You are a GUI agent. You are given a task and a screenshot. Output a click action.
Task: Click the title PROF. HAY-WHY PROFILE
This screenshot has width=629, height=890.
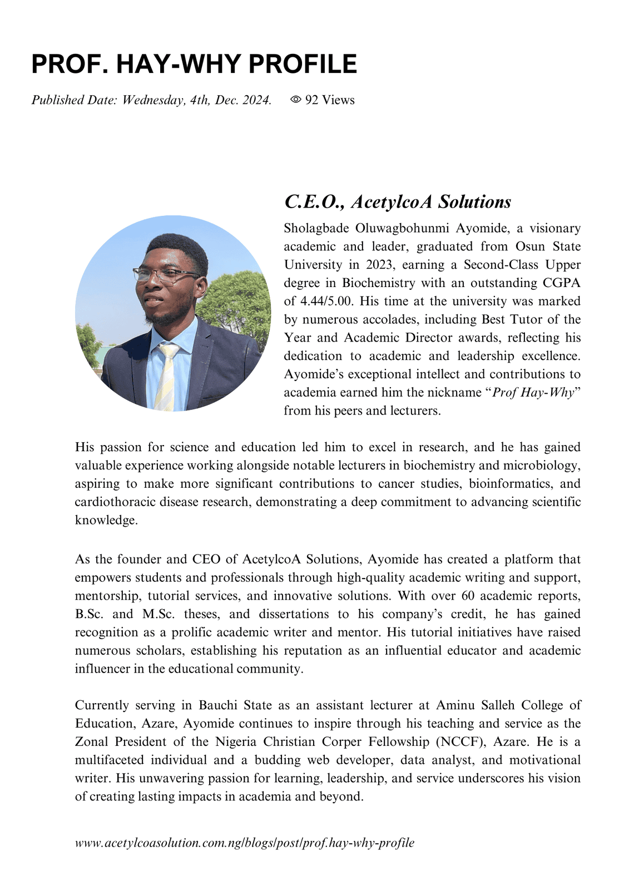tap(194, 64)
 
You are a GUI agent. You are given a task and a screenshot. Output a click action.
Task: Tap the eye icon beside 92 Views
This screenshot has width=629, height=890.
tap(296, 100)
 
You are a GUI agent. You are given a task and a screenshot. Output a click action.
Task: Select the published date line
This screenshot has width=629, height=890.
tap(151, 100)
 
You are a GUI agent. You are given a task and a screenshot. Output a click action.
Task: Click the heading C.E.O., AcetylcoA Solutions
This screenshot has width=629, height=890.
tap(397, 201)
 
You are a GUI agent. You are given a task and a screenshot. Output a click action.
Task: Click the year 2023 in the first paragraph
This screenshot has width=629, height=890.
tap(380, 264)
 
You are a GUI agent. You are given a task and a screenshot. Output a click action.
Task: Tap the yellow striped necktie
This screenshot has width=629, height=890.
tap(166, 375)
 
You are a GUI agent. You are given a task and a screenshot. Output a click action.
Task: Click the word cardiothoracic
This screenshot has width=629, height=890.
tap(115, 502)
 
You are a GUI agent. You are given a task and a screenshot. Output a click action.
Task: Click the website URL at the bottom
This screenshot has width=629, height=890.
tap(245, 843)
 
